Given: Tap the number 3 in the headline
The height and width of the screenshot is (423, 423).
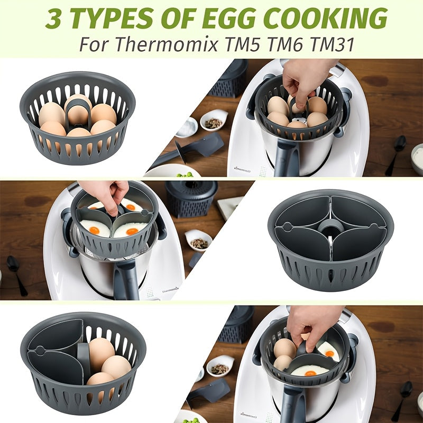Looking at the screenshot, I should [x=54, y=19].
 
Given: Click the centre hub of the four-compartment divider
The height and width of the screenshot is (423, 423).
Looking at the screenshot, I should [x=330, y=228].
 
